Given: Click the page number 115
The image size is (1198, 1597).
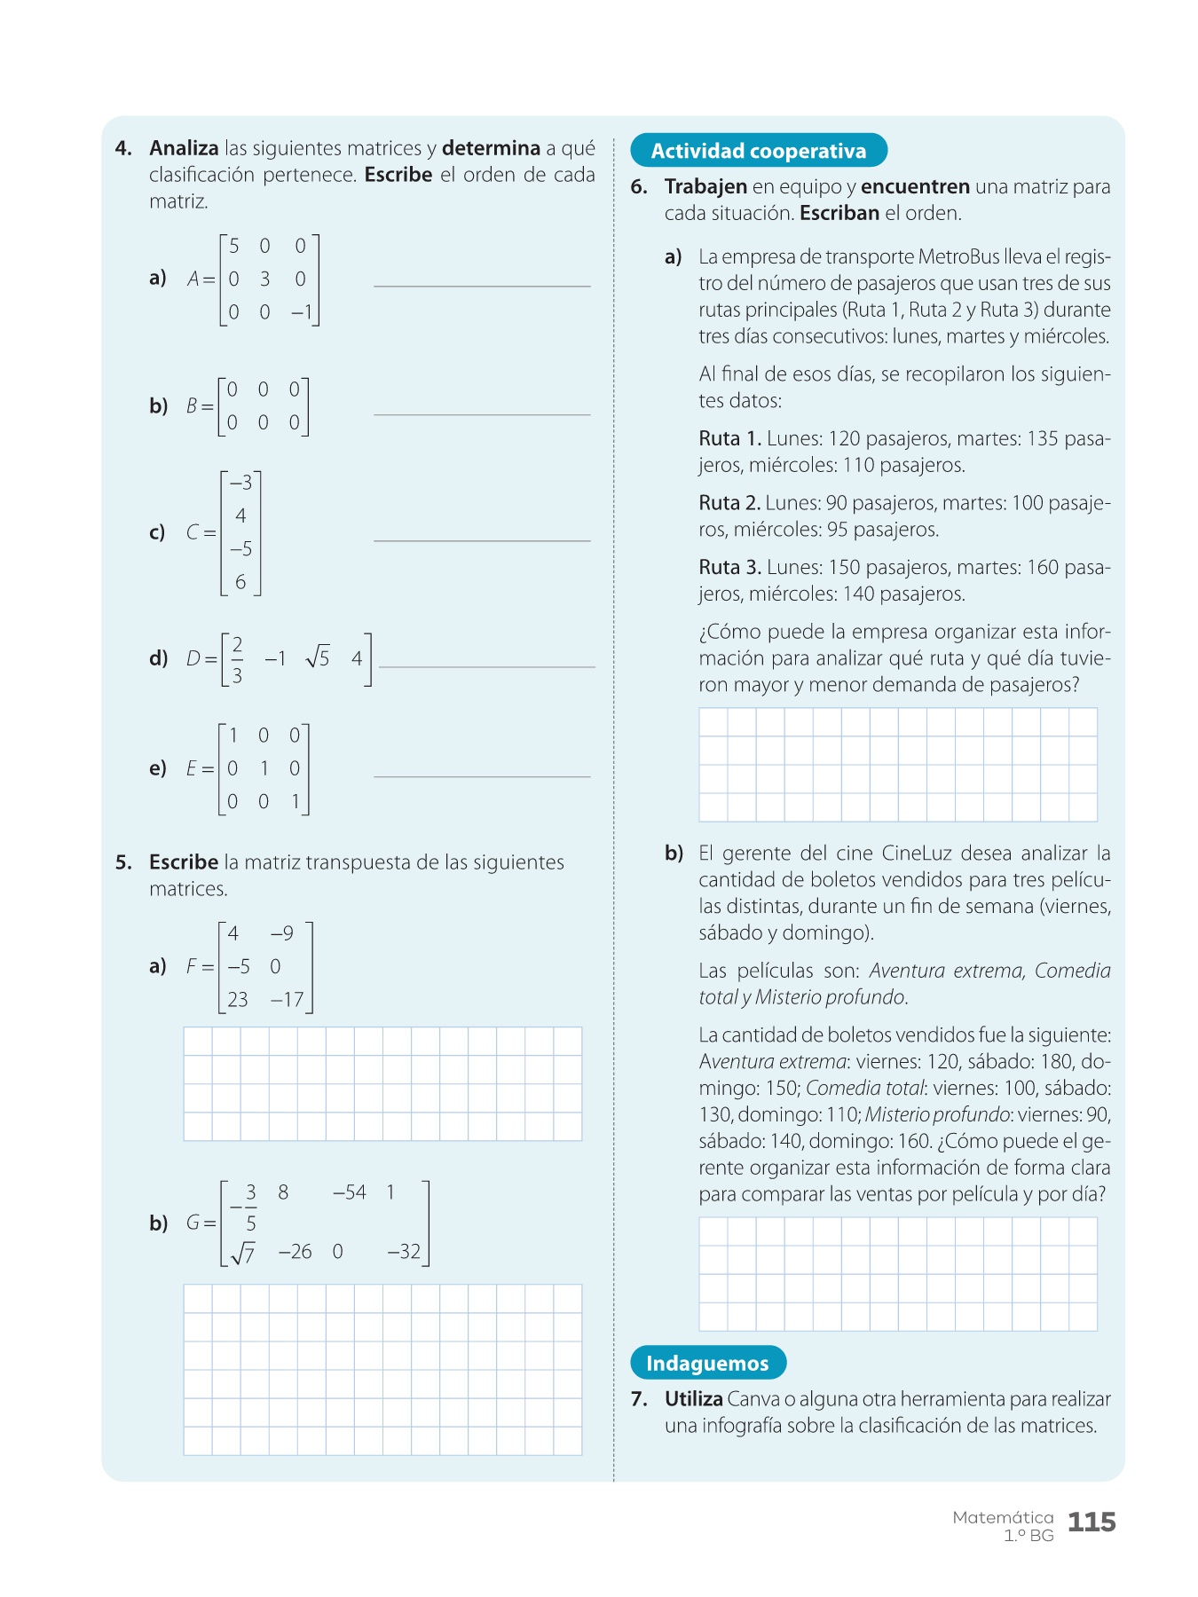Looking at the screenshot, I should click(x=1091, y=1522).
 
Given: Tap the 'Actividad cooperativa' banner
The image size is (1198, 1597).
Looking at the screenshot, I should click(x=759, y=151).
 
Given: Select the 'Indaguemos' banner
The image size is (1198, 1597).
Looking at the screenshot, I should click(x=707, y=1363).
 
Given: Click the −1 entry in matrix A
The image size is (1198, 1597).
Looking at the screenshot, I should click(x=301, y=312).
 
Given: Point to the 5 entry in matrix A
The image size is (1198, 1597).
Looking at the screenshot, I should click(x=234, y=246).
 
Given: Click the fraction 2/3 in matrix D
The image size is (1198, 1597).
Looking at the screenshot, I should click(x=237, y=659).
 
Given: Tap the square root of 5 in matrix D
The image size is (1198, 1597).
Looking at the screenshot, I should click(x=317, y=657).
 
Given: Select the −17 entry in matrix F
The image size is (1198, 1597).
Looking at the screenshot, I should click(x=288, y=1000).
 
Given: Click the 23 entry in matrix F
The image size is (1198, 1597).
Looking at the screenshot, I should click(x=238, y=1000).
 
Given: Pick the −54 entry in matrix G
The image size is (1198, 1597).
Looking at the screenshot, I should click(x=349, y=1192).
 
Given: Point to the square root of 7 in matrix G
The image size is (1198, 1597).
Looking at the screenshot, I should click(x=242, y=1253).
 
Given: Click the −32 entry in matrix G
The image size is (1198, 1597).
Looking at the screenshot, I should click(x=404, y=1252).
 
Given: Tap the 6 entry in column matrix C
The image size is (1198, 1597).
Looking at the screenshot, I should click(x=240, y=582).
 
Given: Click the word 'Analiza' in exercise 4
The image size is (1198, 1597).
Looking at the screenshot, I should click(x=184, y=148).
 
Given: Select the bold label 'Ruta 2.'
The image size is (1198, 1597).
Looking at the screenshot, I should click(x=729, y=503).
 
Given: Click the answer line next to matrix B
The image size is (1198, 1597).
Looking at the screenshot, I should click(x=482, y=413).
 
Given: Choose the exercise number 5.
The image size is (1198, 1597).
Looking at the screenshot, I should click(x=123, y=862).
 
